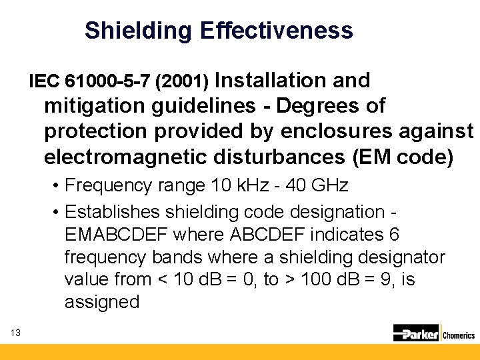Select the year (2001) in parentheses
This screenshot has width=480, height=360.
[182, 82]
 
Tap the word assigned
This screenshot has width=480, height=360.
[102, 302]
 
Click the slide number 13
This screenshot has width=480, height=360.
[16, 333]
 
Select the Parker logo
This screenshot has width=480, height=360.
[416, 333]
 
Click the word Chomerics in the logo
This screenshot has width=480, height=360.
[459, 335]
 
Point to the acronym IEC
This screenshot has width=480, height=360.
[45, 82]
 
